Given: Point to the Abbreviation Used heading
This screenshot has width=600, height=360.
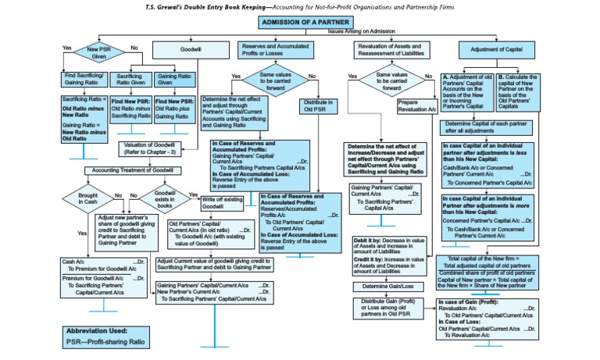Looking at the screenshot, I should tap(98, 330).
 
